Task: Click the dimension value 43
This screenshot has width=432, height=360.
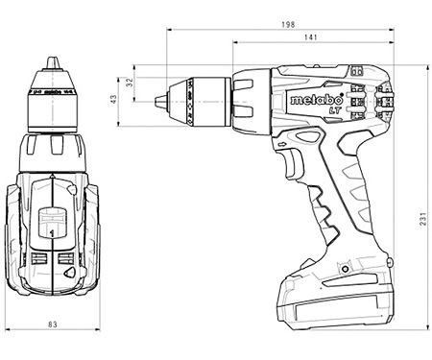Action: pyautogui.click(x=114, y=99)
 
